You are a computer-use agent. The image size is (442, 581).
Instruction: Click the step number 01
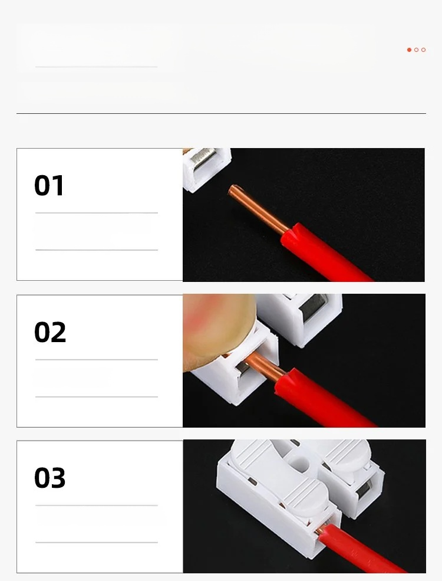49,185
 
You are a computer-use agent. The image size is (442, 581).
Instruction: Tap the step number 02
50,332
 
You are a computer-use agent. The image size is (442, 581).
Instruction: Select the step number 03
50,478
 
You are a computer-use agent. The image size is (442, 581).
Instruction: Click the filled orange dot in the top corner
409,50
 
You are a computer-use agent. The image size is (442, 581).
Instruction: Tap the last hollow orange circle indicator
424,50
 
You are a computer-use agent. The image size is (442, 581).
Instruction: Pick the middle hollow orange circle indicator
417,50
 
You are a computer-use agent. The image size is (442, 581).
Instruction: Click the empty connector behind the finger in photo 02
301,319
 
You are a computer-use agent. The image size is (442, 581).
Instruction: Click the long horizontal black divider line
222,113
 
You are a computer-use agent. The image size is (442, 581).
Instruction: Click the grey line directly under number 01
97,213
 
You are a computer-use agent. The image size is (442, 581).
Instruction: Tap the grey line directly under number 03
97,505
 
